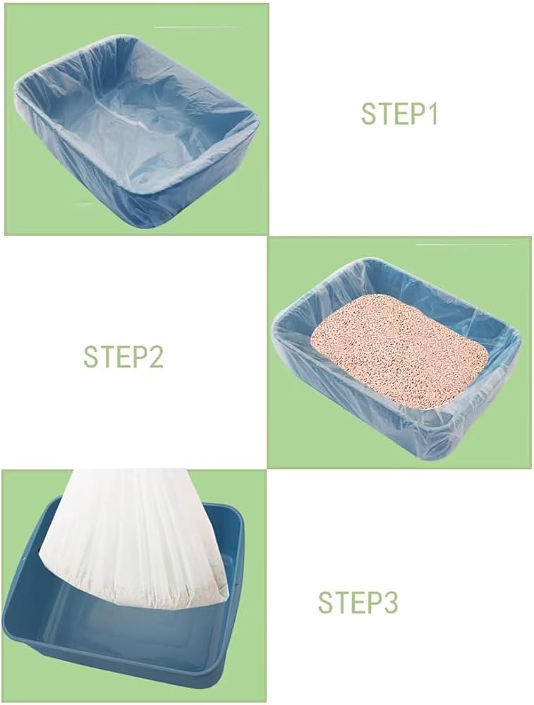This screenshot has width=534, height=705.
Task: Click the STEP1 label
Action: coord(399,114)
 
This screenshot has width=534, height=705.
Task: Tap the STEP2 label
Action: coord(123,357)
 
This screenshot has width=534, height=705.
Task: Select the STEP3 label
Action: coord(358,603)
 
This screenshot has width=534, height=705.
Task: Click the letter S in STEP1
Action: coord(369,114)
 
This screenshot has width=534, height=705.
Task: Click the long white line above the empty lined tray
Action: coord(197,27)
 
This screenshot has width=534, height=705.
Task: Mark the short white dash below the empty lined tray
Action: coord(86,203)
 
